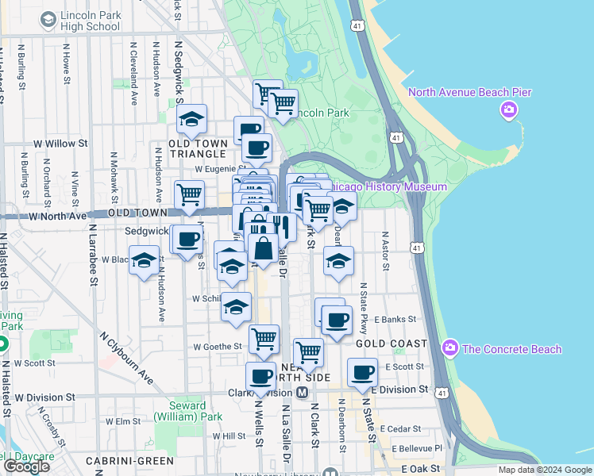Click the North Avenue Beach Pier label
pos(469,93)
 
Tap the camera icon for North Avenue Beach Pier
pos(509,109)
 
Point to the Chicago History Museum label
pos(388,186)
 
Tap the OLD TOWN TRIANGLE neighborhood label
pos(199,148)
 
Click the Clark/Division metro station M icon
pos(302,393)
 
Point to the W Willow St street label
pos(60,144)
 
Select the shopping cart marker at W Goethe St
pos(264,339)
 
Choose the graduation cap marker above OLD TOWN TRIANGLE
pos(191,119)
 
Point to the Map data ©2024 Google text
pos(544,470)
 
